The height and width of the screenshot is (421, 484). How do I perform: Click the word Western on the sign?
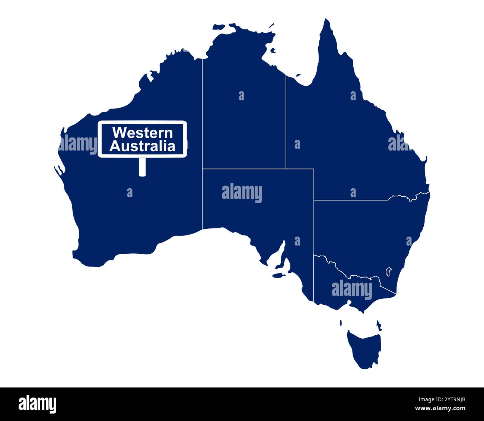tap(143, 133)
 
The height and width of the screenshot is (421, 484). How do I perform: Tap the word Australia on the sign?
tap(143, 146)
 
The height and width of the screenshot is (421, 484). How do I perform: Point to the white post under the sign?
tap(142, 167)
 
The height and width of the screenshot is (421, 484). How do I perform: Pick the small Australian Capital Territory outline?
tap(389, 271)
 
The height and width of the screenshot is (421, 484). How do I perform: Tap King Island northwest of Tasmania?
tap(341, 323)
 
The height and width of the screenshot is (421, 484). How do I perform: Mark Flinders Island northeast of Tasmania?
tap(379, 325)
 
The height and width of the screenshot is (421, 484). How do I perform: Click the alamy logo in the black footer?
tap(37, 404)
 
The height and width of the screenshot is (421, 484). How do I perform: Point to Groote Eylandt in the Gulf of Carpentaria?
tap(273, 50)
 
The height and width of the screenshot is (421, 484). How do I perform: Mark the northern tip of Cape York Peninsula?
tap(327, 20)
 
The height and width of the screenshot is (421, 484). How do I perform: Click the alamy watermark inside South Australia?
tap(242, 193)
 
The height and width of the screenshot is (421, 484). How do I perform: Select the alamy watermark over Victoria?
tap(351, 290)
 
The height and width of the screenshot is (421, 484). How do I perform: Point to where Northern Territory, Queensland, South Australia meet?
tap(286, 169)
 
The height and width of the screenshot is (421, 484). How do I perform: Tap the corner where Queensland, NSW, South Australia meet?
tap(314, 200)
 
